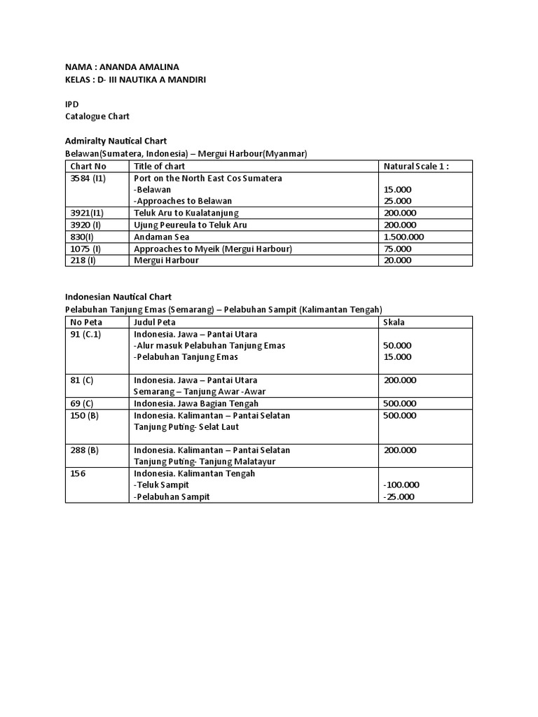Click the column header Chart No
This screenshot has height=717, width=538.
pyautogui.click(x=88, y=166)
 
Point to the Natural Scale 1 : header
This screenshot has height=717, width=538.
pyautogui.click(x=415, y=166)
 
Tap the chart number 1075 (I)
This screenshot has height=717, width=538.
pyautogui.click(x=85, y=249)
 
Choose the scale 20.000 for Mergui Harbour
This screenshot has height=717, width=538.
pyautogui.click(x=398, y=260)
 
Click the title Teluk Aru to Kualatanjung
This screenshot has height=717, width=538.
pyautogui.click(x=186, y=213)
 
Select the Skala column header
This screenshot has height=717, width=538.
pyautogui.click(x=394, y=321)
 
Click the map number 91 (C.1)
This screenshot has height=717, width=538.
pyautogui.click(x=85, y=334)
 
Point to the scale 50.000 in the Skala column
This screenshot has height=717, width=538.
pyautogui.click(x=398, y=345)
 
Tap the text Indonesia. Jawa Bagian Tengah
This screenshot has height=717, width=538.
pyautogui.click(x=195, y=403)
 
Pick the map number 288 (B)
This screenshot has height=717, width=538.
pyautogui.click(x=85, y=450)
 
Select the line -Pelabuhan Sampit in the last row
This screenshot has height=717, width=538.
pyautogui.click(x=172, y=496)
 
